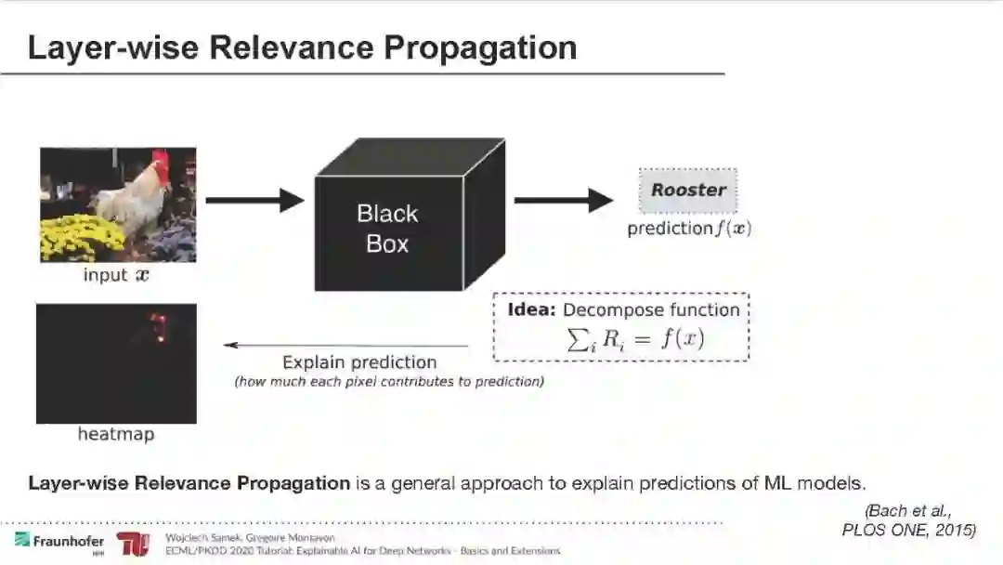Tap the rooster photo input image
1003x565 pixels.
(x=117, y=204)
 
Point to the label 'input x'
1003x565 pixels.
(x=117, y=275)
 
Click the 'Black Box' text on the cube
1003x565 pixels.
(x=387, y=229)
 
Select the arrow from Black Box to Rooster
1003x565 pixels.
(x=563, y=200)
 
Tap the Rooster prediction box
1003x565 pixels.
(x=688, y=191)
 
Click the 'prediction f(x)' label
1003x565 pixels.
(x=688, y=229)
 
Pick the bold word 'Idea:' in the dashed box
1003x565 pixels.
(x=532, y=309)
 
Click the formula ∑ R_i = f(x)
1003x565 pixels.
(x=635, y=339)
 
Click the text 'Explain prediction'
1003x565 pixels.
(x=359, y=362)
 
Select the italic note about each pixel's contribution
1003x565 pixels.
(x=389, y=381)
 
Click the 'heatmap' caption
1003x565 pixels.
(x=116, y=434)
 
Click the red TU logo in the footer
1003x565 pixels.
(x=133, y=544)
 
